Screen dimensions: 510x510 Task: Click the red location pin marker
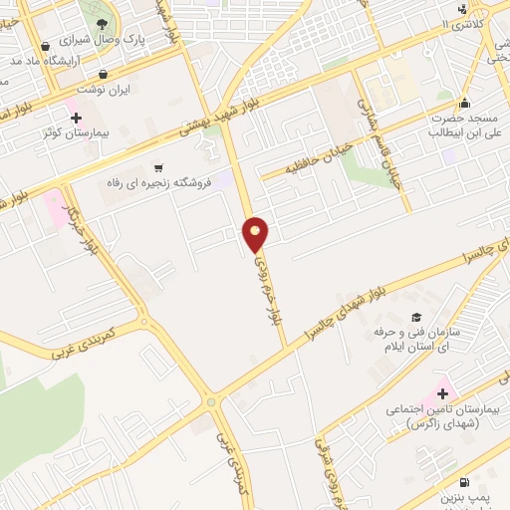tap(256, 234)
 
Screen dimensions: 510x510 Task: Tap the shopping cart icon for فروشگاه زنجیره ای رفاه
tap(157, 167)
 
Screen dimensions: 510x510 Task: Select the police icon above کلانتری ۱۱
tap(461, 10)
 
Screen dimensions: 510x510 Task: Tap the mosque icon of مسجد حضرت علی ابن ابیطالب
tap(463, 102)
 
